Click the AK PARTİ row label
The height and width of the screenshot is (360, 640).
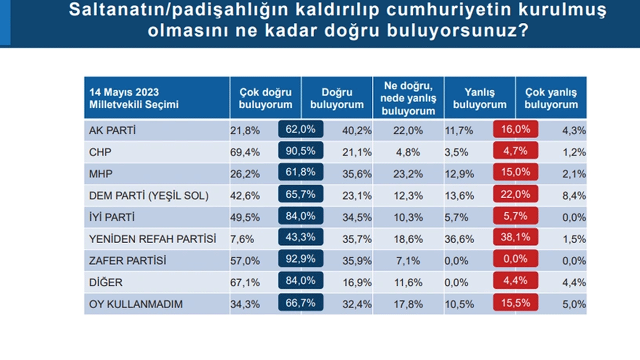(x=112, y=130)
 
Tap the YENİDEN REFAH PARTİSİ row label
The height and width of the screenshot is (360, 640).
(x=152, y=239)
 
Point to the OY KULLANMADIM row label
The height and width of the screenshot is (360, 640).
(x=136, y=304)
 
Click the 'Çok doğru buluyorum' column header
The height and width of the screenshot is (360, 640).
(x=265, y=98)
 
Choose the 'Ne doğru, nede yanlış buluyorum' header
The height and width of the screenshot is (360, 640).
(x=408, y=98)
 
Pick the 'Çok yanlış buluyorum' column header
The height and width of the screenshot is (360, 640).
(x=551, y=98)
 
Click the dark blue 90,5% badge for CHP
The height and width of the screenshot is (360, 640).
(x=300, y=151)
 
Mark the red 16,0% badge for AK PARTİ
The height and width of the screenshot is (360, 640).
(x=515, y=129)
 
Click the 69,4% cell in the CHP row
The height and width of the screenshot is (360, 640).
(x=245, y=152)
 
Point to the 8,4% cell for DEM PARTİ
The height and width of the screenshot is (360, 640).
(x=575, y=196)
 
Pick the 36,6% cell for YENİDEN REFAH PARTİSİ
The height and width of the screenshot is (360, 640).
(x=459, y=239)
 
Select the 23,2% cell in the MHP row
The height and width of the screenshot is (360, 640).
(x=408, y=174)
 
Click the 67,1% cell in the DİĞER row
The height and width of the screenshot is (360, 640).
(x=245, y=282)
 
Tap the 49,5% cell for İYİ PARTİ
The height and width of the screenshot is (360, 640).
(x=245, y=217)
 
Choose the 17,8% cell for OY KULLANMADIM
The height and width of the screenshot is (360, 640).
(x=408, y=304)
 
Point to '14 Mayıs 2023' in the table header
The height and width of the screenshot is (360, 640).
(x=124, y=92)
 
